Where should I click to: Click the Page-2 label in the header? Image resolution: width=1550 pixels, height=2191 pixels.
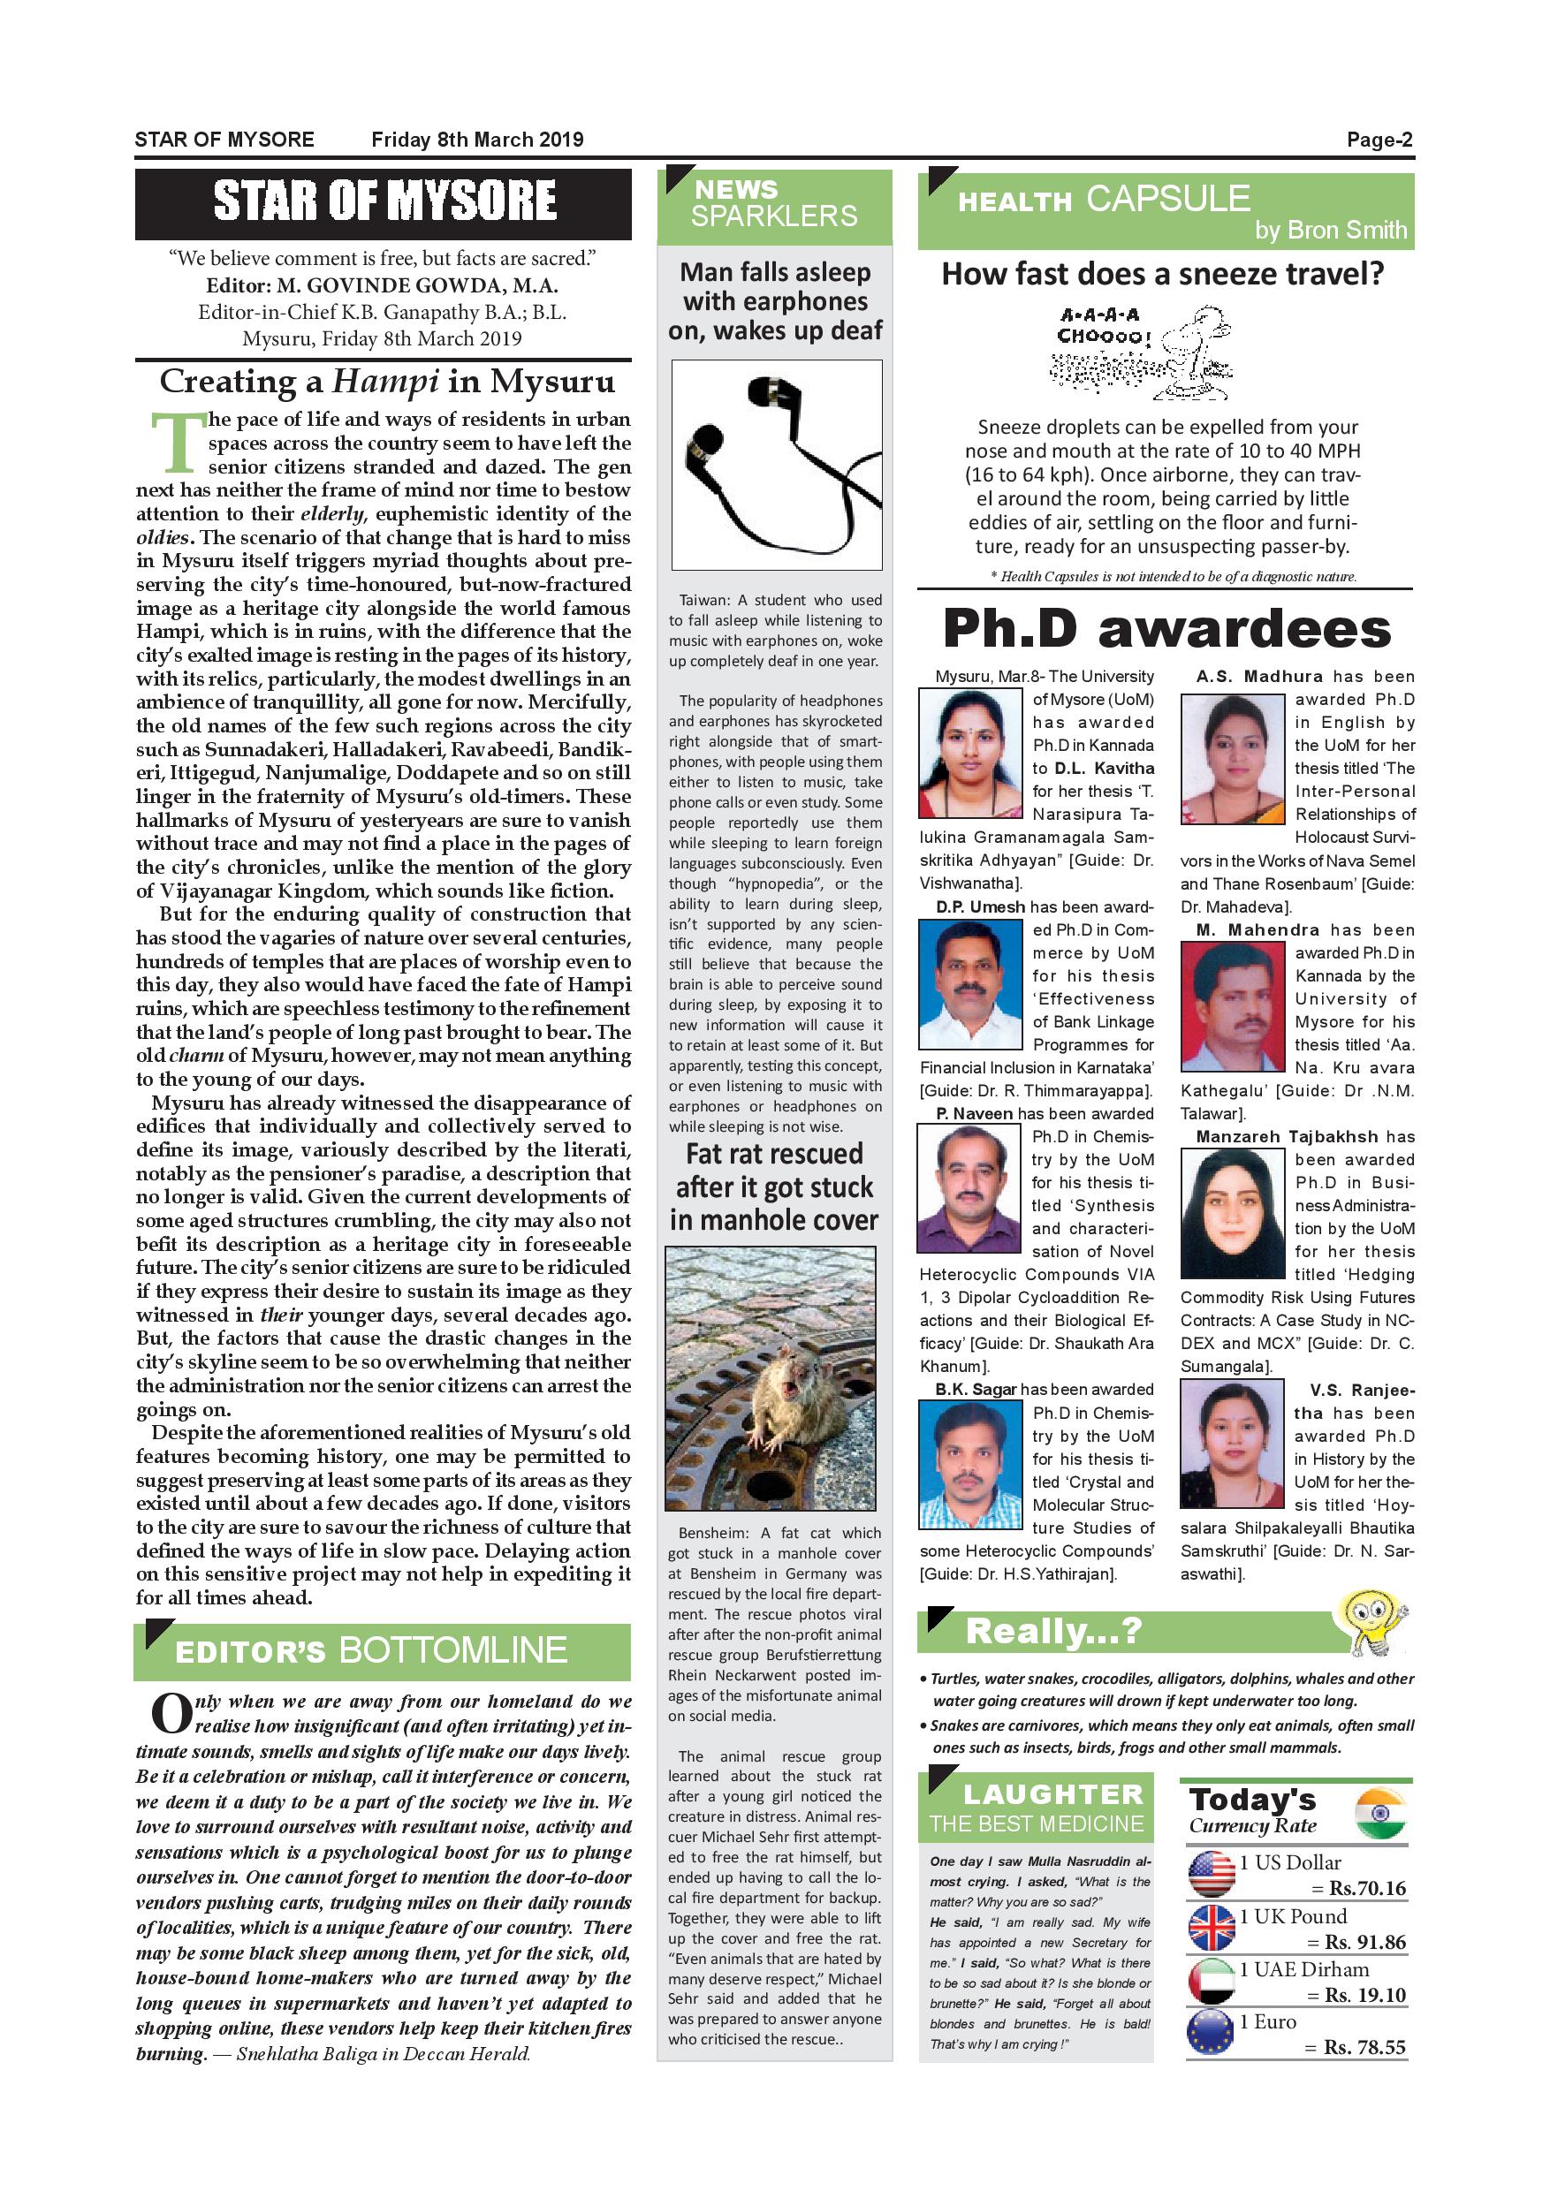pyautogui.click(x=1379, y=140)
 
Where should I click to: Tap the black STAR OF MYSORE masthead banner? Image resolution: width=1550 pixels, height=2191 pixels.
pyautogui.click(x=384, y=203)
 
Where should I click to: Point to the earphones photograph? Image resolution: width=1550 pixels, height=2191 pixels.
pyautogui.click(x=776, y=465)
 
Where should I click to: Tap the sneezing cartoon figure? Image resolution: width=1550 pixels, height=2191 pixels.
pyautogui.click(x=1193, y=353)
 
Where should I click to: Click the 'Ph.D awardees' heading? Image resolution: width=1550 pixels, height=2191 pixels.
pyautogui.click(x=1166, y=629)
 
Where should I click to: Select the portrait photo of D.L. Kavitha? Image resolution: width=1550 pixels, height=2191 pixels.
pyautogui.click(x=969, y=754)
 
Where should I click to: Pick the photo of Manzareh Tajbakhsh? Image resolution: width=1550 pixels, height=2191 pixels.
pyautogui.click(x=1232, y=1213)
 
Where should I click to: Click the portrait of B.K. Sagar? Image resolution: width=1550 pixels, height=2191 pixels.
pyautogui.click(x=969, y=1467)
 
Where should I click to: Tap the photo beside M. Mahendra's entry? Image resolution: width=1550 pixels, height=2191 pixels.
pyautogui.click(x=1232, y=1007)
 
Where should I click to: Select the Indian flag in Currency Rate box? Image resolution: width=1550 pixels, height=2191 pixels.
pyautogui.click(x=1379, y=1813)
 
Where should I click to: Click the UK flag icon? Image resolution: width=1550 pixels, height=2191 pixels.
pyautogui.click(x=1212, y=1928)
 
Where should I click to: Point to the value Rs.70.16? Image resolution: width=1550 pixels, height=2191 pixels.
pyautogui.click(x=1367, y=1889)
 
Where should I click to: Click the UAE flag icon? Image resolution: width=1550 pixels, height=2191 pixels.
pyautogui.click(x=1212, y=1981)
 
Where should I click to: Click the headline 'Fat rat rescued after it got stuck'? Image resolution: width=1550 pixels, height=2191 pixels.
pyautogui.click(x=774, y=1186)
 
